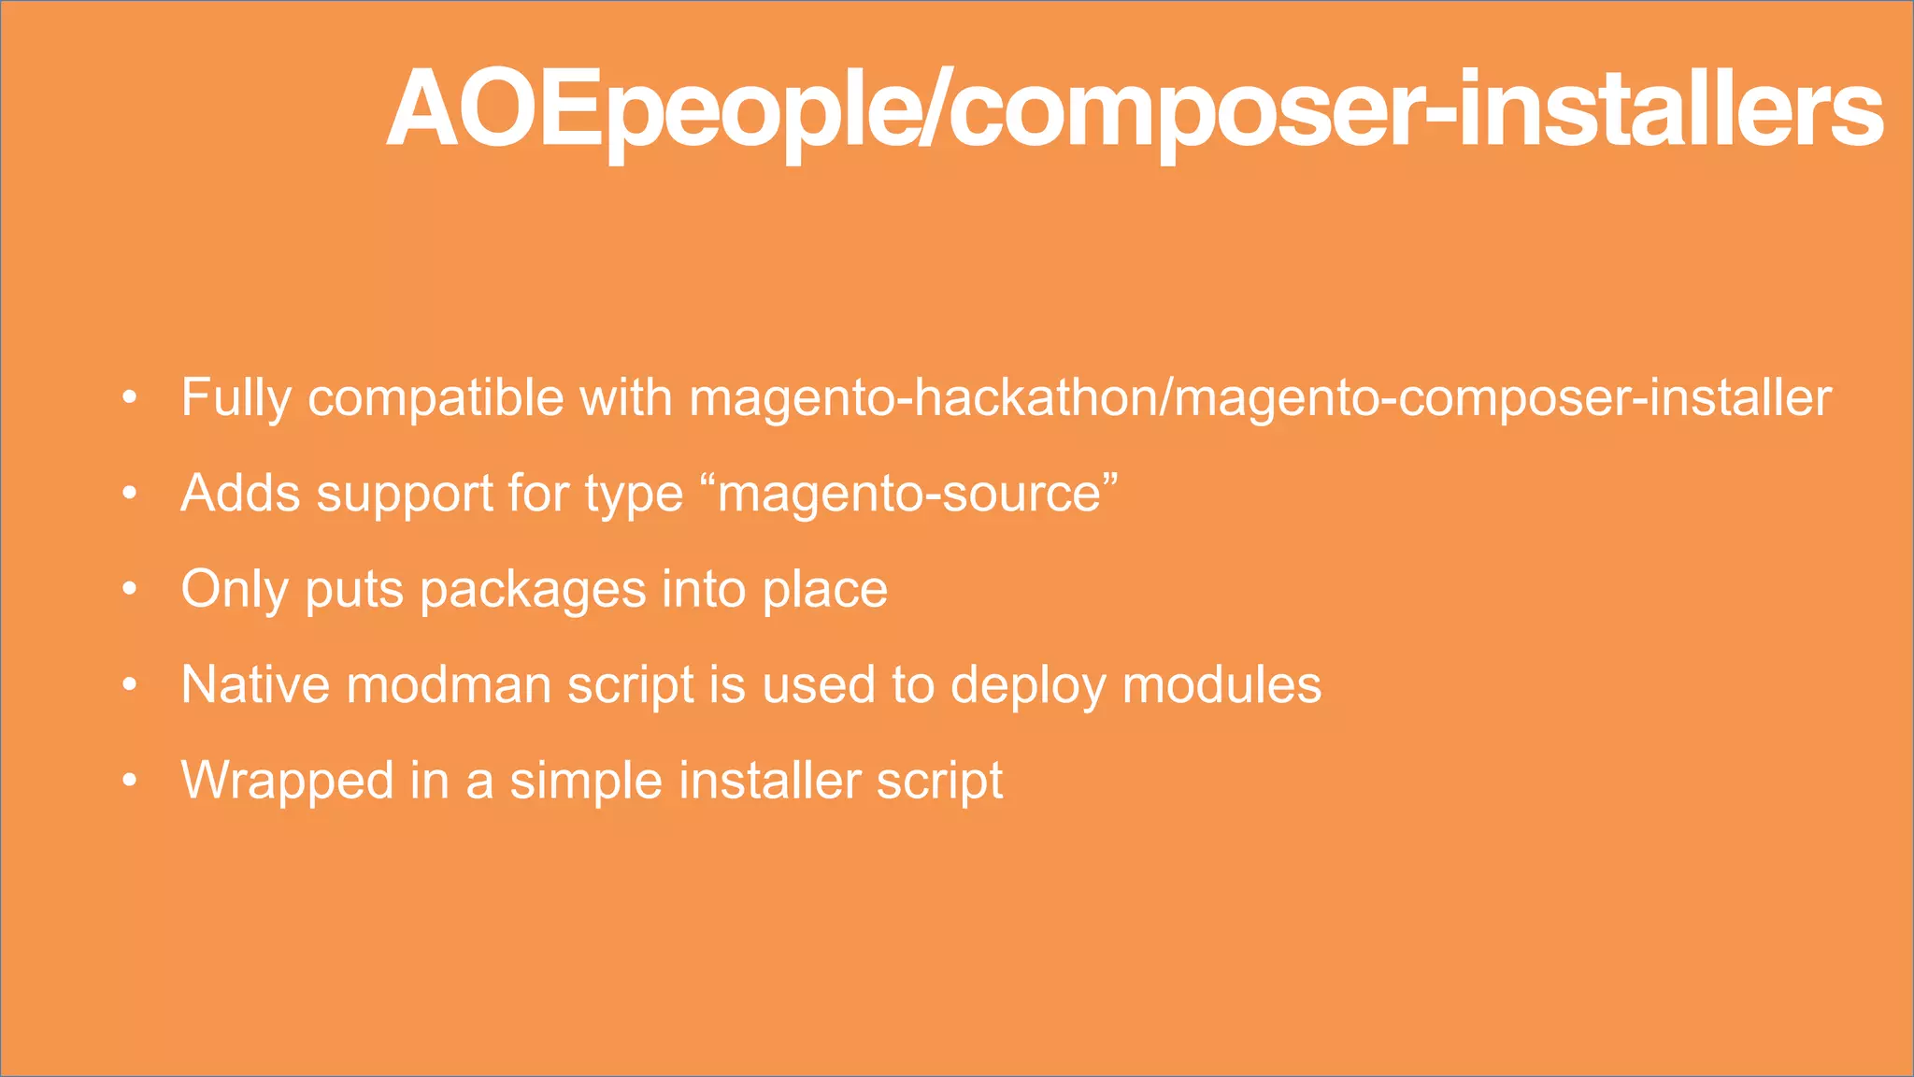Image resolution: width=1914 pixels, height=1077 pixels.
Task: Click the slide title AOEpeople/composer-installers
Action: [1135, 110]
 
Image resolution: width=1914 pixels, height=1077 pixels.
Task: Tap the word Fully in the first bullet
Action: [236, 397]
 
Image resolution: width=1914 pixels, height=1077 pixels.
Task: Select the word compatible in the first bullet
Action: [436, 397]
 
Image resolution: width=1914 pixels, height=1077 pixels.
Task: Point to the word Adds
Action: [240, 493]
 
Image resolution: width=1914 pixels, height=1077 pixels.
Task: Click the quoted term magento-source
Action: [916, 493]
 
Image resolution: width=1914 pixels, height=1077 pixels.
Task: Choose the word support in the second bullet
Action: [404, 493]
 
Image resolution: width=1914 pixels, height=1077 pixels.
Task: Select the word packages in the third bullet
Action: [533, 589]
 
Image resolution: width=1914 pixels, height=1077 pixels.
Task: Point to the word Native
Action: [255, 684]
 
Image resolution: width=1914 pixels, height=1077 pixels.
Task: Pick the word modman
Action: [449, 684]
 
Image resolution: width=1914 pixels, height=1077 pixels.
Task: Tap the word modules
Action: [1221, 684]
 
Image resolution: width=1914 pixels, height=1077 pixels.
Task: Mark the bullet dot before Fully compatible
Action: [130, 398]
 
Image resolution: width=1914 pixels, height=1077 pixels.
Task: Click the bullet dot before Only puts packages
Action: [130, 590]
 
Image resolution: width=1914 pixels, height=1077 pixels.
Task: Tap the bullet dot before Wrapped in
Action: [130, 781]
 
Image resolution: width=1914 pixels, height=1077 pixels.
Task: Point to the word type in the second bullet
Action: [634, 493]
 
